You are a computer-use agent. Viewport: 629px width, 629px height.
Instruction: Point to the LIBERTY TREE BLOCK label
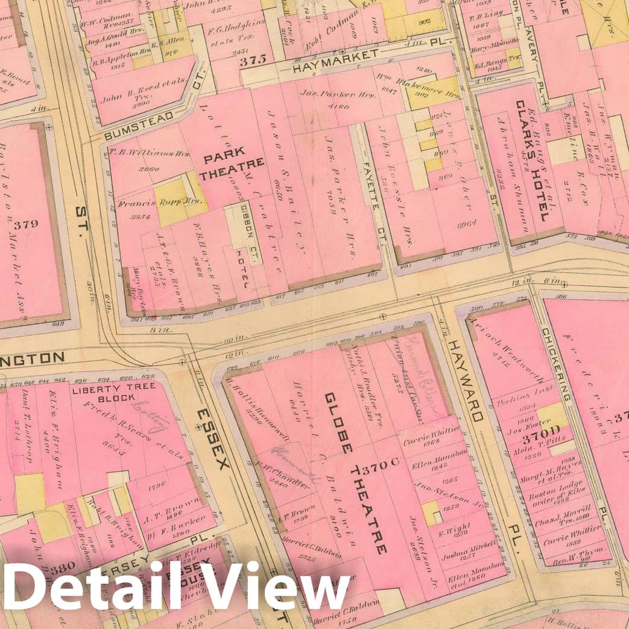tap(115, 392)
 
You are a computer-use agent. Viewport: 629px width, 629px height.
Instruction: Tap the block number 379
tap(25, 224)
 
